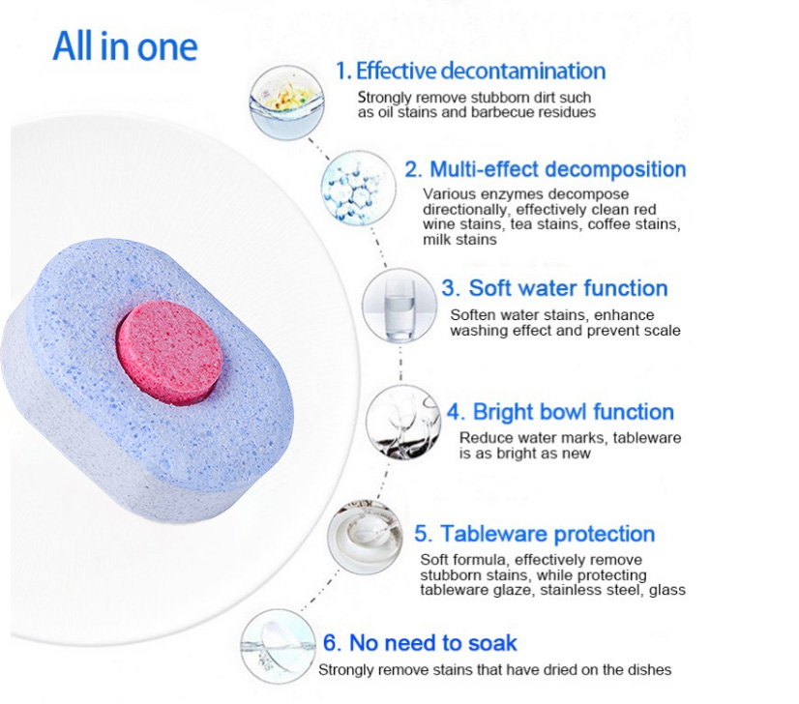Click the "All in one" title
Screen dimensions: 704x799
[x=125, y=45]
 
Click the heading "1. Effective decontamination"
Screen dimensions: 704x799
[x=470, y=71]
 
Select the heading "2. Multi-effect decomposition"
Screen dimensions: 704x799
[x=545, y=169]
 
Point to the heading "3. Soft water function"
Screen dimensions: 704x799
[x=554, y=288]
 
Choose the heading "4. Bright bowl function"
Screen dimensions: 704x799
[x=560, y=412]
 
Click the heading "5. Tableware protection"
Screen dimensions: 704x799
[x=535, y=534]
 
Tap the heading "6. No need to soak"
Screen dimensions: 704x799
[x=420, y=643]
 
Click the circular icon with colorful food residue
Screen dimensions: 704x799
[x=285, y=100]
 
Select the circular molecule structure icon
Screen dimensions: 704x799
[x=357, y=187]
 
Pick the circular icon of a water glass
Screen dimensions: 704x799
[x=398, y=306]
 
